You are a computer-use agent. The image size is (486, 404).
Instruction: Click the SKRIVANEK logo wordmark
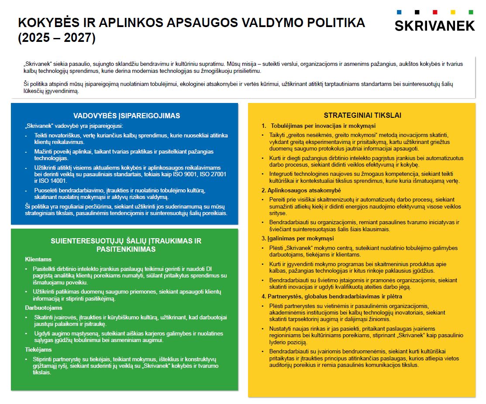(434, 26)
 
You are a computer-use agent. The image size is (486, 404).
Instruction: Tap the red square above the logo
(434, 12)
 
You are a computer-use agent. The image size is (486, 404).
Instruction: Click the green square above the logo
(470, 12)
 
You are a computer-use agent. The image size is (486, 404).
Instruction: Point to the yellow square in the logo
(453, 12)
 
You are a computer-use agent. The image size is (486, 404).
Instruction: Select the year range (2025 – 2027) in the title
(56, 38)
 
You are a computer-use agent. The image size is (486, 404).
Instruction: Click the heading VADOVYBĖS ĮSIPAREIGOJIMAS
(127, 116)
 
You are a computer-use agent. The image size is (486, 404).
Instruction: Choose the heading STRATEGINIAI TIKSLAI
(362, 115)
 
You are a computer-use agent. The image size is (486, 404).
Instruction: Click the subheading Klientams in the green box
(38, 259)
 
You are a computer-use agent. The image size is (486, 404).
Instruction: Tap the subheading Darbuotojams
(44, 308)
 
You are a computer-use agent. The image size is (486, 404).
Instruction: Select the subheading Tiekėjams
(39, 349)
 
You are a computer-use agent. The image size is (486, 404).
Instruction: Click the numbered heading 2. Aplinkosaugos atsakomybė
(301, 190)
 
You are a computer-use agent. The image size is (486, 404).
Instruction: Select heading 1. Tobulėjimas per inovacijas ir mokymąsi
(319, 126)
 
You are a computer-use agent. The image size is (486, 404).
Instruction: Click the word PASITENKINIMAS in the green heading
(126, 249)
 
